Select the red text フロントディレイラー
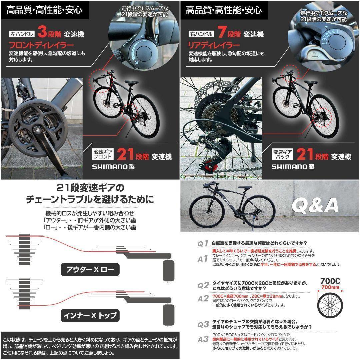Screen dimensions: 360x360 (x=41, y=45)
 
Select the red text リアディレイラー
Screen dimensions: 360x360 (x=214, y=45)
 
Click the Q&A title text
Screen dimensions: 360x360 (x=315, y=206)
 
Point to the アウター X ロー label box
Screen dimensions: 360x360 (x=90, y=270)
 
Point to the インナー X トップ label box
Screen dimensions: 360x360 (x=90, y=315)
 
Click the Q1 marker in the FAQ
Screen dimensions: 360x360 (x=203, y=243)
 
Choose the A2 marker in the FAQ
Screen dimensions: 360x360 (x=203, y=299)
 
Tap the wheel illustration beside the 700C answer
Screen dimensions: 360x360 (x=330, y=305)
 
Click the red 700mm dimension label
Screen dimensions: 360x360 (x=330, y=287)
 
